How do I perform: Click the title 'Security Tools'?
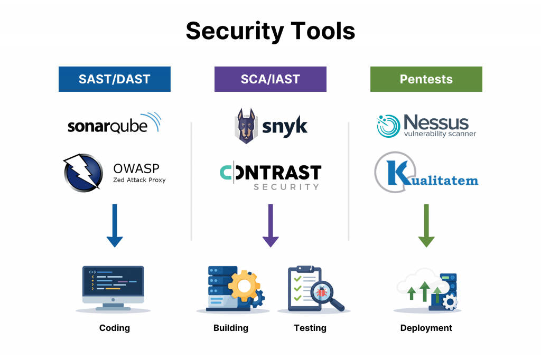270,31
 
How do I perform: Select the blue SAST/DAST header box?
115,79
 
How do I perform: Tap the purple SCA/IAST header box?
270,79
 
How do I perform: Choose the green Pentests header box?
426,79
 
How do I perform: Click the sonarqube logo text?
108,126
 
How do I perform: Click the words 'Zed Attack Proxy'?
139,180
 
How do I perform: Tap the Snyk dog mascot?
245,126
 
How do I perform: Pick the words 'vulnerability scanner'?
440,134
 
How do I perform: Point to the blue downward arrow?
115,225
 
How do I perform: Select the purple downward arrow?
270,225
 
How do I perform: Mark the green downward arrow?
426,225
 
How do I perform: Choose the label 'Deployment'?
426,328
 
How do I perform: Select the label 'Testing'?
310,328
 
